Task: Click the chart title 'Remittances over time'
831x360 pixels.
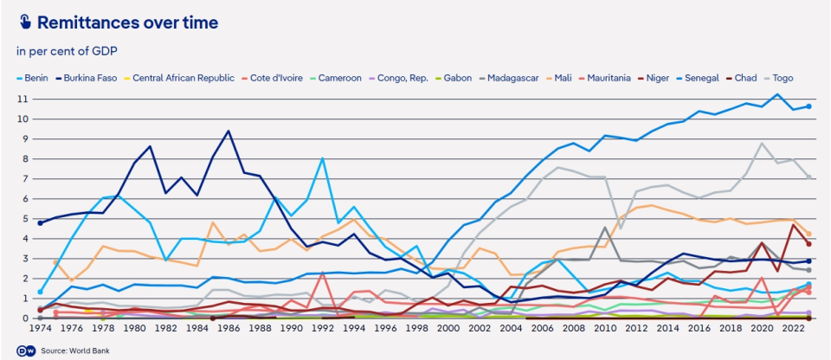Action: [127, 22]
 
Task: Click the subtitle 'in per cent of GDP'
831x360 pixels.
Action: [67, 52]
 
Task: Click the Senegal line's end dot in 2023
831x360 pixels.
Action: [808, 106]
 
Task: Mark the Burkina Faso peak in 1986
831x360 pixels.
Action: [229, 132]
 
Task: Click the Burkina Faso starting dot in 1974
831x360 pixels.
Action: [41, 223]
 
